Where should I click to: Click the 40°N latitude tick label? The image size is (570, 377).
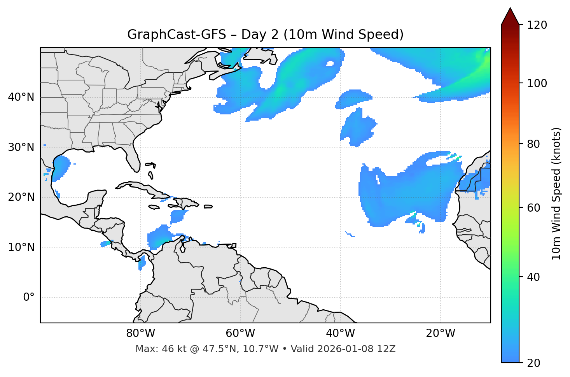21,97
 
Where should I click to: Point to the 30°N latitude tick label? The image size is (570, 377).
21,147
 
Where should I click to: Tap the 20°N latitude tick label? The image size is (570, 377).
21,197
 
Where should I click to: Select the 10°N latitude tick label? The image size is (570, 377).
21,247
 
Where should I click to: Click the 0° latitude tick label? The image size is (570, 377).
29,298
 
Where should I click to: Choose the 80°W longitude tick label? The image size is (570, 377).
140,333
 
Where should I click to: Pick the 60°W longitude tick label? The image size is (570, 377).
240,333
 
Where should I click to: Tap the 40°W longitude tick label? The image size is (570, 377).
341,333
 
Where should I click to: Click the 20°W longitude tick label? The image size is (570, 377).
441,333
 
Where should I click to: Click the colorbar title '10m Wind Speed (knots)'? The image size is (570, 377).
556,194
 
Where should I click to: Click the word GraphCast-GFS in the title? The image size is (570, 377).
177,35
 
